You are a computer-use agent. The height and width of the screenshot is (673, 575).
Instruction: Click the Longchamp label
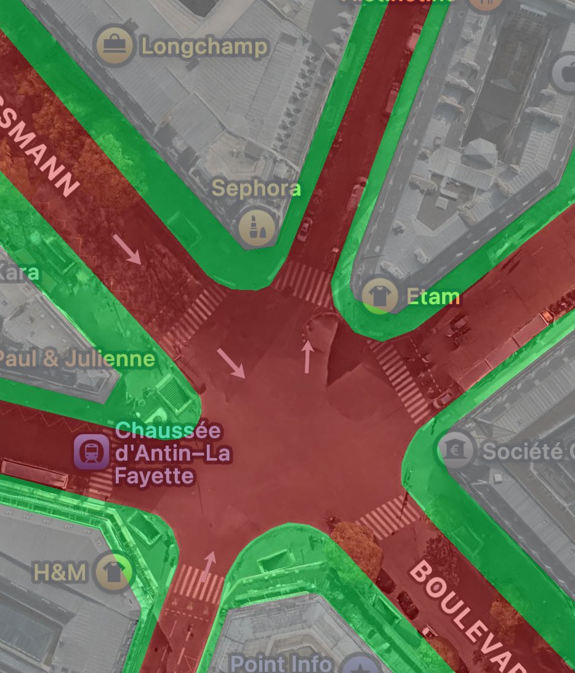(x=204, y=47)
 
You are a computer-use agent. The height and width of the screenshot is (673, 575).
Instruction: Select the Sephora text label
(x=256, y=188)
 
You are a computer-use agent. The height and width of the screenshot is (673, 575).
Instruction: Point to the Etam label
(x=433, y=297)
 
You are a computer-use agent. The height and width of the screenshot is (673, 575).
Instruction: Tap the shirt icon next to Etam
(x=379, y=296)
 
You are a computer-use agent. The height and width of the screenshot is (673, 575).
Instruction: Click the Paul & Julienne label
(x=76, y=359)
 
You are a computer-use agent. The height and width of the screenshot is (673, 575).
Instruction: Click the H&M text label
(x=59, y=573)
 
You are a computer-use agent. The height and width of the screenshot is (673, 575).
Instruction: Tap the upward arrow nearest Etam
(x=307, y=357)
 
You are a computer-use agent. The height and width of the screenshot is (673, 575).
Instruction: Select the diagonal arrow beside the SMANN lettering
(x=127, y=249)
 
